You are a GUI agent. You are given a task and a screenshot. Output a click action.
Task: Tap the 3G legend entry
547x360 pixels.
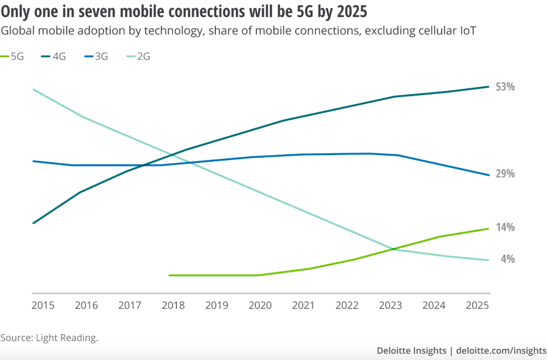pyautogui.click(x=95, y=56)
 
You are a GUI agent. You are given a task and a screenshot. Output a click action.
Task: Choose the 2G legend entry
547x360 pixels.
pyautogui.click(x=138, y=56)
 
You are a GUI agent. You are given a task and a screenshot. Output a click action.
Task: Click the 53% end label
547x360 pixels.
pyautogui.click(x=505, y=87)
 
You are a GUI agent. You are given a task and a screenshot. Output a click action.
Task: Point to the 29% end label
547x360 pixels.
pyautogui.click(x=505, y=174)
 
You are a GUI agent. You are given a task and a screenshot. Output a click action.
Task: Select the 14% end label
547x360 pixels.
pyautogui.click(x=505, y=228)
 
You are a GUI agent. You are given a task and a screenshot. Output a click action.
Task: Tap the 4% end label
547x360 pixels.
pyautogui.click(x=508, y=259)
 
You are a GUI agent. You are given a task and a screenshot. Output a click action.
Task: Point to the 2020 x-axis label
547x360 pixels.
pyautogui.click(x=260, y=305)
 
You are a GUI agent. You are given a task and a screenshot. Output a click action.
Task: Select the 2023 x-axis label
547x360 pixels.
pyautogui.click(x=391, y=305)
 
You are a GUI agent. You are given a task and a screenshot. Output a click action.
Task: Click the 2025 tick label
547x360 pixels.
pyautogui.click(x=478, y=305)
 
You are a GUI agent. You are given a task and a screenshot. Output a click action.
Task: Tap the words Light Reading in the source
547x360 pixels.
pyautogui.click(x=66, y=338)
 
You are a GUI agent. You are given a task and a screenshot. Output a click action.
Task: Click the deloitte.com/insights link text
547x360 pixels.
pyautogui.click(x=501, y=350)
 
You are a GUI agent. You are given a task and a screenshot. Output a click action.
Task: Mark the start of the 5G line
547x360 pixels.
pyautogui.click(x=169, y=275)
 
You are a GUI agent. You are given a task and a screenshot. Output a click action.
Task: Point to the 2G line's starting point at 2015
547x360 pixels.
pyautogui.click(x=33, y=89)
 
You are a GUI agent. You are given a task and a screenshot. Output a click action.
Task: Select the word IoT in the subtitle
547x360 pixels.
pyautogui.click(x=467, y=31)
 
